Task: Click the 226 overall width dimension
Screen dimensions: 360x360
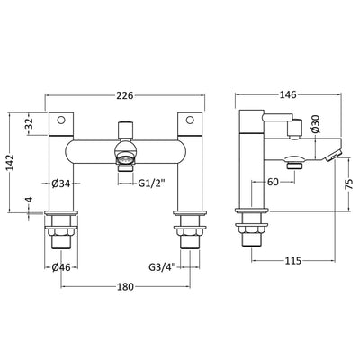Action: tap(124, 95)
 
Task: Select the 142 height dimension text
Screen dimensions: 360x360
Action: tap(11, 162)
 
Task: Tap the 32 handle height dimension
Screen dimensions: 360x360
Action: tap(29, 124)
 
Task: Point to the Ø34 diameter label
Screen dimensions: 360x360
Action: tap(61, 184)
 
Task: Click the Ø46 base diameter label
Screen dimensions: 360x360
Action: tap(61, 267)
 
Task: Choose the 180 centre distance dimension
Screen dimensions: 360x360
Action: tap(125, 287)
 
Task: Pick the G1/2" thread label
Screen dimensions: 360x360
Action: tap(152, 184)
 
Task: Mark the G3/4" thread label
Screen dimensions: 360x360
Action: tap(163, 266)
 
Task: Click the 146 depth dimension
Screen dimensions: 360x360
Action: tap(288, 94)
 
